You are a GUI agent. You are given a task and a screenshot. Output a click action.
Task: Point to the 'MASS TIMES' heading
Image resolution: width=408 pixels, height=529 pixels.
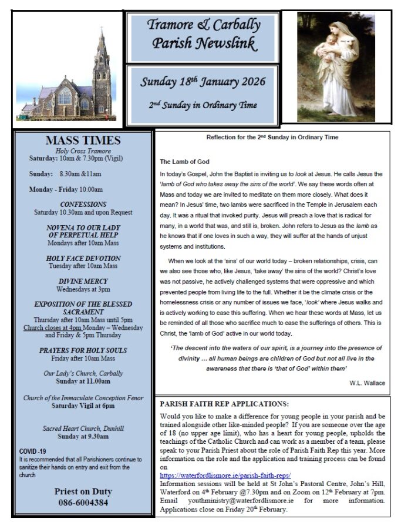click(x=83, y=140)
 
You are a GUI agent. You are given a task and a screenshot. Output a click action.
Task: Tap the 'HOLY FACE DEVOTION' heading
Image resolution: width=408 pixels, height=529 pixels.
click(x=83, y=258)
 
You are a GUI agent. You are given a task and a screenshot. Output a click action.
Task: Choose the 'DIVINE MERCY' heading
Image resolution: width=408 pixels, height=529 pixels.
click(x=83, y=281)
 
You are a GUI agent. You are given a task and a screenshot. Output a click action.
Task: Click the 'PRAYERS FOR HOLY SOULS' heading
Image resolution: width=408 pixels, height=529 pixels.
click(x=83, y=350)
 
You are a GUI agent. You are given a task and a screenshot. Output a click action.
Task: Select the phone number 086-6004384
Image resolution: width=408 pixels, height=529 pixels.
click(x=83, y=503)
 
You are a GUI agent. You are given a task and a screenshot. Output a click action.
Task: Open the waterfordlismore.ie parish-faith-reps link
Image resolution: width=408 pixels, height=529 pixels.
click(x=225, y=475)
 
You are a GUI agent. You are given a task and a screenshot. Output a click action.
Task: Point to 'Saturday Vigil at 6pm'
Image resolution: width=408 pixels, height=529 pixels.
click(x=83, y=406)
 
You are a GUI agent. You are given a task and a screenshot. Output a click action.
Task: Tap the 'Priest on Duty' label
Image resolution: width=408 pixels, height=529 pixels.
click(x=83, y=491)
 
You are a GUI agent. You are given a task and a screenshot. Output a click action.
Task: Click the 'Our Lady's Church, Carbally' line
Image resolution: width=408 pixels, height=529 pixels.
click(x=83, y=373)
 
